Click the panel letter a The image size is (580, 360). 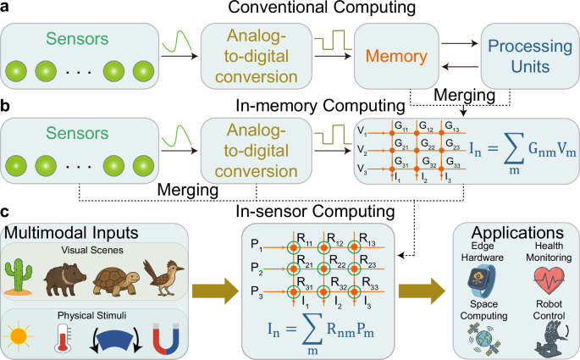[x=7, y=8]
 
